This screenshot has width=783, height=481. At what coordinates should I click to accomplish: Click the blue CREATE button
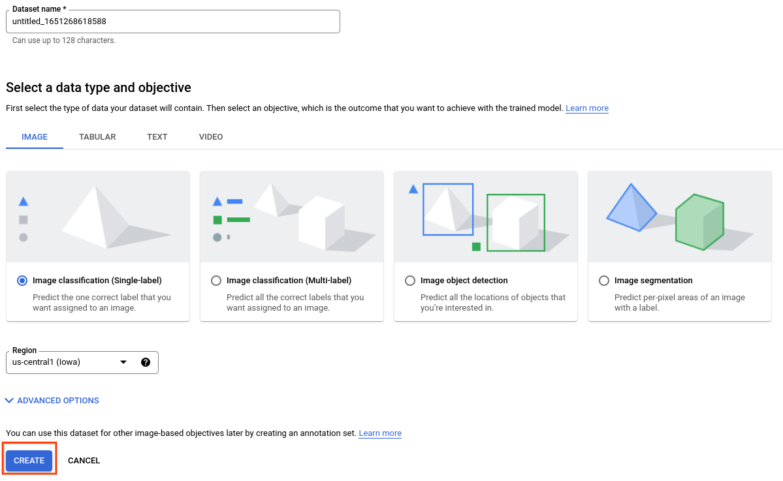point(29,460)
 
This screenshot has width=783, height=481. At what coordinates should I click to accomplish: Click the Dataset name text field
point(172,22)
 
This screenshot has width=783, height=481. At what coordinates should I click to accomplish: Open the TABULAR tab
point(97,137)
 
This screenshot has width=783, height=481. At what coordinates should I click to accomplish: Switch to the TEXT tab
point(157,137)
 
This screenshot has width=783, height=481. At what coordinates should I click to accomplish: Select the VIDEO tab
point(211,137)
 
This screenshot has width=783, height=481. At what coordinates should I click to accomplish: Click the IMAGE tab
point(35,137)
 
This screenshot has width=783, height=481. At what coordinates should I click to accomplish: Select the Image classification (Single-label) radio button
point(23,281)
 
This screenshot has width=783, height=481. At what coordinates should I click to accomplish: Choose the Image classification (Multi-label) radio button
point(217,281)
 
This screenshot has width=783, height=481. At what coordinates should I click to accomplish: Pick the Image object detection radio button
point(410,281)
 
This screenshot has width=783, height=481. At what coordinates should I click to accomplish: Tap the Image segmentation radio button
point(604,281)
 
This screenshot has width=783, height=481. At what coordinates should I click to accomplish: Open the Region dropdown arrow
point(123,362)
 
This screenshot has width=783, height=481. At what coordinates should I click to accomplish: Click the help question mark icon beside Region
point(146,362)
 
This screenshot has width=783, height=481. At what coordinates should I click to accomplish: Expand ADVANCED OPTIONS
point(52,401)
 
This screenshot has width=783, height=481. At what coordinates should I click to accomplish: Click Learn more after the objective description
point(587,108)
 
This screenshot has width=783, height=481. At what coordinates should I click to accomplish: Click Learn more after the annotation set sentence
point(380,433)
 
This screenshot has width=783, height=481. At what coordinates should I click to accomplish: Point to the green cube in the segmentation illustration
point(699,222)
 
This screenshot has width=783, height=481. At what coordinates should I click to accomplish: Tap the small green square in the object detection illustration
point(476,247)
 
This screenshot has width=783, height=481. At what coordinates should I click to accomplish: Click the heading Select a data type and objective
point(99,87)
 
